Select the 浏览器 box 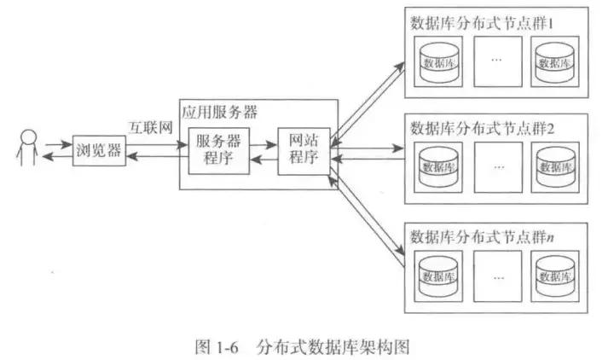click(96, 153)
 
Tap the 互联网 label click(150, 128)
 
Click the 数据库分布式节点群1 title click(482, 21)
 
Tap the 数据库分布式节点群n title click(483, 235)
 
